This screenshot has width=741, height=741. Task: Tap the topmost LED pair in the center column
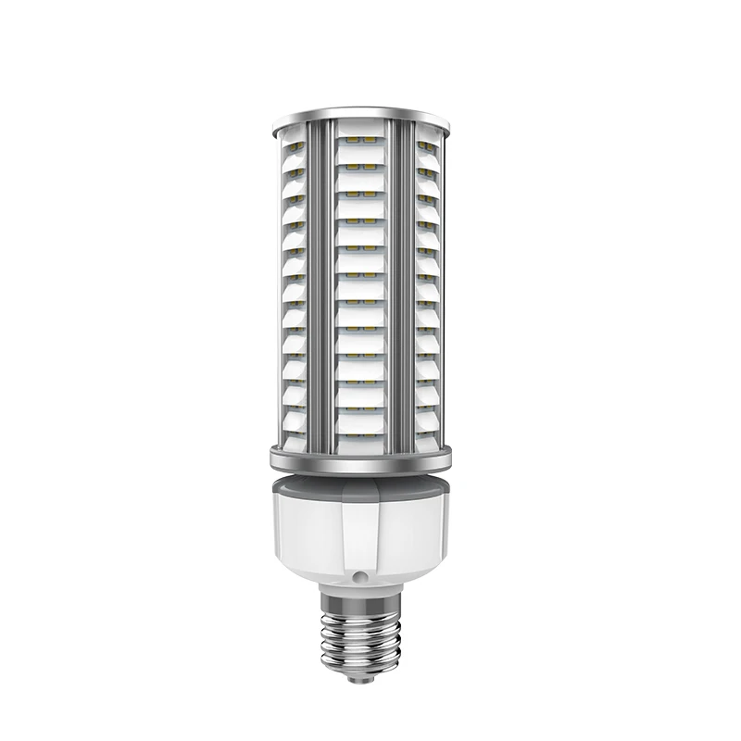[362, 139]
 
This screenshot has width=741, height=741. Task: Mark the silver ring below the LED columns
[361, 456]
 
